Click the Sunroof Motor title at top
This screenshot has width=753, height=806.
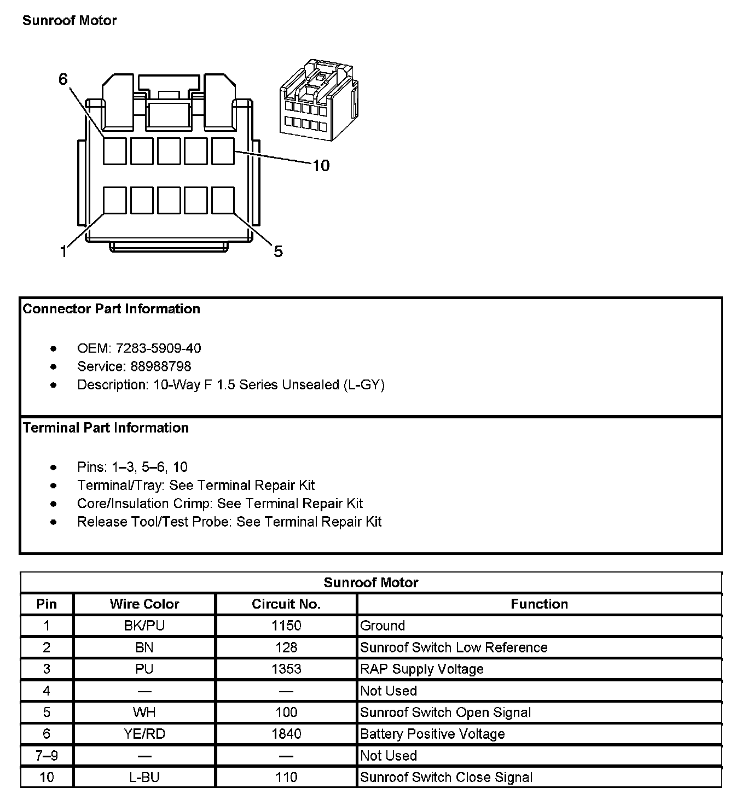[69, 21]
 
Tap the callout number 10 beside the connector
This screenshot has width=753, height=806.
[321, 166]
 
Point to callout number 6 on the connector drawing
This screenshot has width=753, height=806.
[63, 79]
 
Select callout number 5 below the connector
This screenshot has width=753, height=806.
[278, 252]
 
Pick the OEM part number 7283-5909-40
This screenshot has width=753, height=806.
[158, 348]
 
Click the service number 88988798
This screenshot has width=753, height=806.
[161, 366]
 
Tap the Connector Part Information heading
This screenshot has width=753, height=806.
[112, 309]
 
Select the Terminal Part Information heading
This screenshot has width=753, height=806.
[106, 428]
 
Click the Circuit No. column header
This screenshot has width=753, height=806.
[286, 604]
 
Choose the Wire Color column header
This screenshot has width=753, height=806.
[144, 604]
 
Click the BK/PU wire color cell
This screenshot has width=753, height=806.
[144, 626]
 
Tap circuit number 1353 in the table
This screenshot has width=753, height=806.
[286, 669]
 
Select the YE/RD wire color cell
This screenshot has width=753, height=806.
[144, 734]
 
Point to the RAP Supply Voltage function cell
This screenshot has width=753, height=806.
[422, 669]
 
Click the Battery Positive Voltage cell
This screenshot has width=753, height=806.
[432, 734]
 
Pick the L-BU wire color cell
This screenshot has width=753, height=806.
[144, 778]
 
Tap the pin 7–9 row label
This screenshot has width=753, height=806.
[47, 756]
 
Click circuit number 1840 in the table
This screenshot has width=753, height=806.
[286, 734]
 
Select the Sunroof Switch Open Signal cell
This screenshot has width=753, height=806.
[445, 712]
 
